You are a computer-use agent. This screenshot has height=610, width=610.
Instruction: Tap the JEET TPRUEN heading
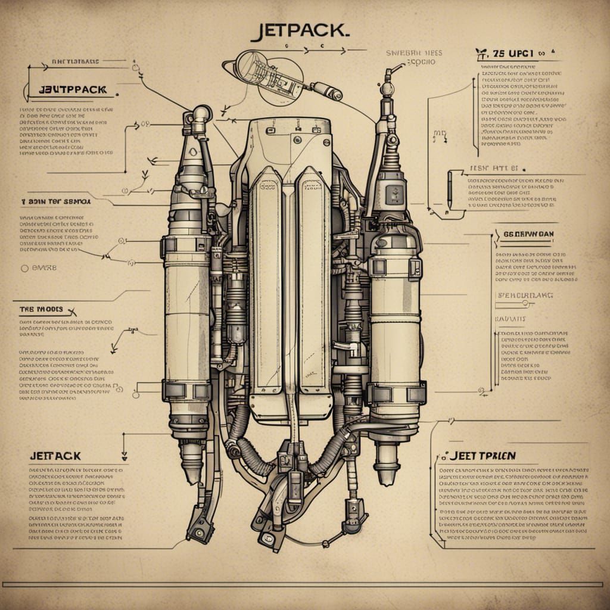pyautogui.click(x=483, y=456)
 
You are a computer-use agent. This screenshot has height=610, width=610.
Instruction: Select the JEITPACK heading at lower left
pyautogui.click(x=55, y=456)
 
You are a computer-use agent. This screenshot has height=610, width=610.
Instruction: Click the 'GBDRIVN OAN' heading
pyautogui.click(x=528, y=234)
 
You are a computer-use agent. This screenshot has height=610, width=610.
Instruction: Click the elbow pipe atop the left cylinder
pyautogui.click(x=198, y=116)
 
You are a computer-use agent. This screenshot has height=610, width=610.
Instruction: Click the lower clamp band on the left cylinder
pyautogui.click(x=186, y=390)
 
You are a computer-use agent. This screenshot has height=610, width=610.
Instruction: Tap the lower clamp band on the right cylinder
pyautogui.click(x=396, y=393)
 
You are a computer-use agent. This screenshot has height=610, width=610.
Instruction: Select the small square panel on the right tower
pyautogui.click(x=394, y=194)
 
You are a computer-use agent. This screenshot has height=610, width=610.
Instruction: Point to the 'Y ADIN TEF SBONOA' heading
pyautogui.click(x=55, y=201)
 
